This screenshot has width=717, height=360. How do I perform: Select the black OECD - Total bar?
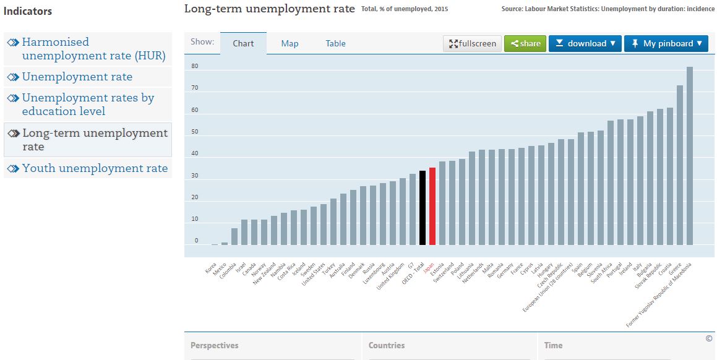(x=423, y=207)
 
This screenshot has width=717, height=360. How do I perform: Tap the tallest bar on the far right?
(x=690, y=155)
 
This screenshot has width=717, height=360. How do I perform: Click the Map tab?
(x=290, y=43)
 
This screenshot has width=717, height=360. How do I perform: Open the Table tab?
(x=335, y=43)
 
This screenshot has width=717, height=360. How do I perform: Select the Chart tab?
(x=243, y=43)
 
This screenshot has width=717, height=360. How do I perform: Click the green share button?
(x=525, y=43)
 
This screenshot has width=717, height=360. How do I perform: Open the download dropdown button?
(x=585, y=43)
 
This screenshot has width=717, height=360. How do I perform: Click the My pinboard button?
(x=666, y=43)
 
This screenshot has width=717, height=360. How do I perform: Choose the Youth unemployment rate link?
(x=95, y=168)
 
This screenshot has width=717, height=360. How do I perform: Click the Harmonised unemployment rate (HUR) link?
(x=93, y=49)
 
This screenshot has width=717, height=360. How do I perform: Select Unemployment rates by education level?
(x=88, y=105)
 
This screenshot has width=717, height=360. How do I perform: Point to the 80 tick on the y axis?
(x=194, y=66)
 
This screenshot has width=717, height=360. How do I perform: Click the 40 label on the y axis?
(x=194, y=153)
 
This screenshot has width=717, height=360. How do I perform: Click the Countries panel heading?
(x=387, y=346)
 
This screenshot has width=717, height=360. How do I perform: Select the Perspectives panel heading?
(x=214, y=346)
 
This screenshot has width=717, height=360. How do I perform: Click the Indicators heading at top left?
(x=28, y=11)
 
